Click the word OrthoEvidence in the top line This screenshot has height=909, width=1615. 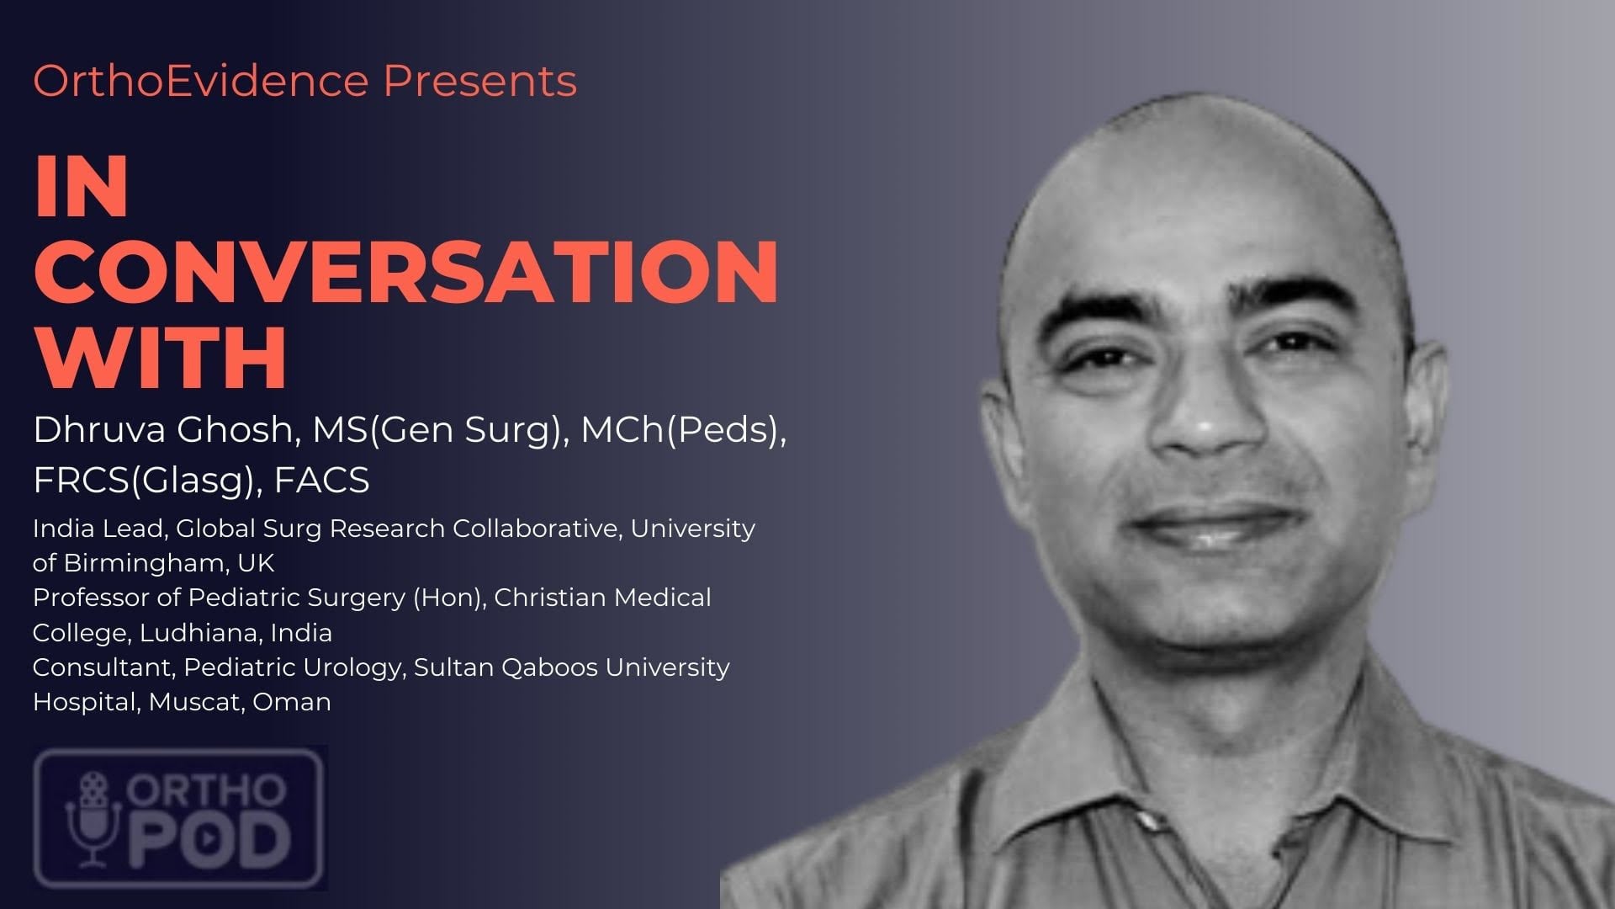pyautogui.click(x=201, y=81)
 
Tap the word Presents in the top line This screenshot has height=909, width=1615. pyautogui.click(x=480, y=81)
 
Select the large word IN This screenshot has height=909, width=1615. pyautogui.click(x=82, y=187)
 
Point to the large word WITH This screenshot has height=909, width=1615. pyautogui.click(x=161, y=357)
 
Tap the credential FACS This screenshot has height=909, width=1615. pyautogui.click(x=322, y=481)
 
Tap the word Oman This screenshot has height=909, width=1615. pyautogui.click(x=292, y=702)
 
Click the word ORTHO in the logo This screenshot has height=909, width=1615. pyautogui.click(x=206, y=790)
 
